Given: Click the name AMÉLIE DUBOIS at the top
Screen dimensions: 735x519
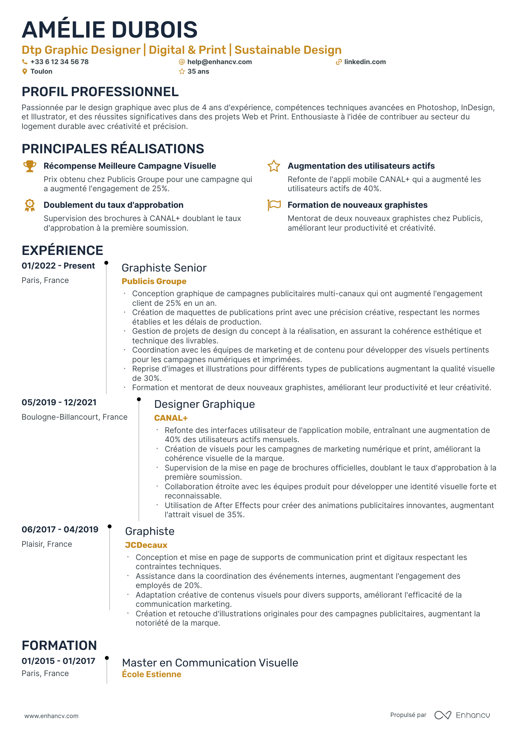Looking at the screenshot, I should point(110,30).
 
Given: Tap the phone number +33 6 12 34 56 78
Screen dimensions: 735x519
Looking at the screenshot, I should point(59,62).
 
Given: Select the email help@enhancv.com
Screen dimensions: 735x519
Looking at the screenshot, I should point(219,62).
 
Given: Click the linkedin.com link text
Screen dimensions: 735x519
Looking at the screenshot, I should point(365,62).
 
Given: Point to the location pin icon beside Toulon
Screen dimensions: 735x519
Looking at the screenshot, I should point(25,71).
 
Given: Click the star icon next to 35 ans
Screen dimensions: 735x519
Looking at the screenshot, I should point(182,71).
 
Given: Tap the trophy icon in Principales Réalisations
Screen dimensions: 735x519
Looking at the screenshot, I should point(30,166).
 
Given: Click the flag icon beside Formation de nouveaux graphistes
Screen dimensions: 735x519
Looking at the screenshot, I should point(274,205).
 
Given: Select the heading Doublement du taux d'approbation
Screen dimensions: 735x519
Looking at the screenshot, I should point(113,205).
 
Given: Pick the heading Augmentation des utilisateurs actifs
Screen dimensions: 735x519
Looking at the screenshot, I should point(361,166).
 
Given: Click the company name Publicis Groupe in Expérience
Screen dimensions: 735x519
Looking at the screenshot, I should point(154,281).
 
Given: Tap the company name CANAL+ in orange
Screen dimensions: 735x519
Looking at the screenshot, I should point(171,418).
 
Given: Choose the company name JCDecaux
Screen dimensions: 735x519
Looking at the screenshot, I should point(146,545).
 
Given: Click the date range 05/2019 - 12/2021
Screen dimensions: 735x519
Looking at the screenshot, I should point(59,402).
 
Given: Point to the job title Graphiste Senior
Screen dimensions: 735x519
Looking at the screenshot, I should point(164,268).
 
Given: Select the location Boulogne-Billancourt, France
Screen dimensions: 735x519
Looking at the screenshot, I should point(74,417).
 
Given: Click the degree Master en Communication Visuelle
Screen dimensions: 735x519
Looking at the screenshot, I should point(210,663).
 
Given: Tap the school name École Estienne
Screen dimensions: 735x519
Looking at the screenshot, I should point(151,675).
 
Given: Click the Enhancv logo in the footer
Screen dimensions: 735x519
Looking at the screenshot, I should point(462,715).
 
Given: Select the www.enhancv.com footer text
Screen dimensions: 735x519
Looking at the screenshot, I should point(51,716).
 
